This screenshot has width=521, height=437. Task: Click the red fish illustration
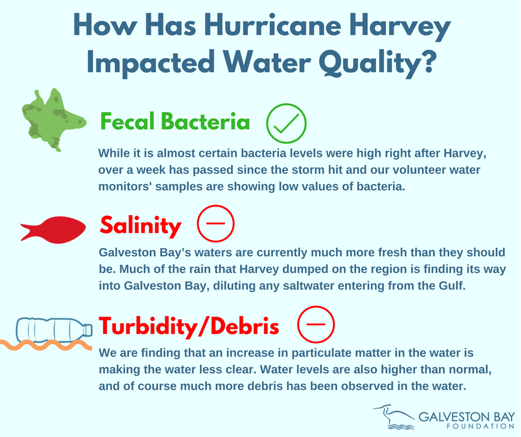click(x=53, y=230)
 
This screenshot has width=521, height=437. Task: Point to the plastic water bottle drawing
click(x=54, y=330)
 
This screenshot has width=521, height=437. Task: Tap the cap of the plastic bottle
click(x=88, y=330)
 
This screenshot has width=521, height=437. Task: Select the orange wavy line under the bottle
click(x=46, y=345)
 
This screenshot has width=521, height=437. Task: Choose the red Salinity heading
click(x=141, y=226)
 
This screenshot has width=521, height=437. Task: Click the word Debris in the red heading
click(x=244, y=326)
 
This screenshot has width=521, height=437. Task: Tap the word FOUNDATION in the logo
click(x=480, y=426)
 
